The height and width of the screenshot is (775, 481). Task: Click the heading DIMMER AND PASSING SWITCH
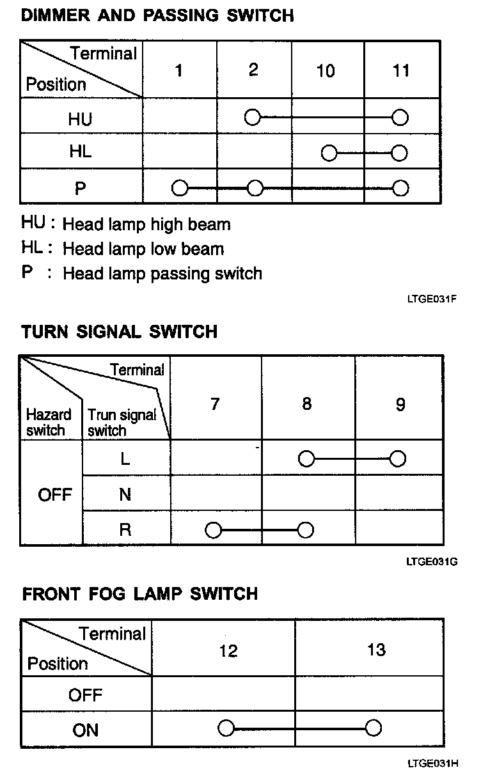click(x=157, y=15)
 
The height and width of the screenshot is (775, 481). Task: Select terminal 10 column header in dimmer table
click(x=326, y=70)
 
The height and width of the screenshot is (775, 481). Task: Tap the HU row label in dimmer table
click(x=80, y=118)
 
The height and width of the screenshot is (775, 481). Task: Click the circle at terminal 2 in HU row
click(x=253, y=118)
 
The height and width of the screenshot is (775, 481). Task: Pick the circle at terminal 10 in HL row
click(x=329, y=153)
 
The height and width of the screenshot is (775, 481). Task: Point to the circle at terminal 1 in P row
click(x=180, y=188)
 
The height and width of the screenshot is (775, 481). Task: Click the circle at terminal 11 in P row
click(x=400, y=188)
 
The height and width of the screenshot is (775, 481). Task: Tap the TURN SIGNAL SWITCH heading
click(x=120, y=332)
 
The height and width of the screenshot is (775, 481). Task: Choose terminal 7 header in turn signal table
click(x=215, y=404)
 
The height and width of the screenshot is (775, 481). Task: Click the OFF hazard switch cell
click(x=55, y=495)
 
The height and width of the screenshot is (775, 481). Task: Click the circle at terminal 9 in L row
click(x=398, y=458)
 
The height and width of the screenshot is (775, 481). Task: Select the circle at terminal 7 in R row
click(x=213, y=530)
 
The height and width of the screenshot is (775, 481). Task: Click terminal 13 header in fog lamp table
click(x=376, y=650)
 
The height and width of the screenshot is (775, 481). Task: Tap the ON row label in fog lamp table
click(x=86, y=729)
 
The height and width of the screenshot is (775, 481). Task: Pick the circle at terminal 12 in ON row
click(x=226, y=728)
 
